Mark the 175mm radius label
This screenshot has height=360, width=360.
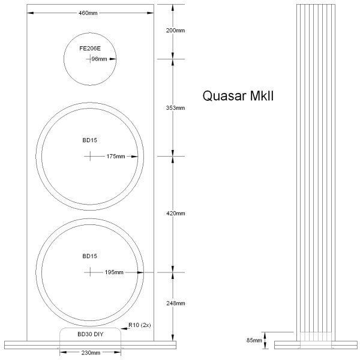(x=115, y=157)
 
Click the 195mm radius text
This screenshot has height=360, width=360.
(x=114, y=272)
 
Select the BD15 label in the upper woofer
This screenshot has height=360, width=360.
(x=90, y=140)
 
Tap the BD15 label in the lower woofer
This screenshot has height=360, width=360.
(x=90, y=256)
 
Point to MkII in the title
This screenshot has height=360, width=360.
(x=262, y=96)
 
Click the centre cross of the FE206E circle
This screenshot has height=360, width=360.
(x=90, y=59)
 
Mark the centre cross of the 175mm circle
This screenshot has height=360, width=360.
(x=90, y=156)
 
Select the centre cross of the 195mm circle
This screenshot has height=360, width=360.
(x=90, y=272)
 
